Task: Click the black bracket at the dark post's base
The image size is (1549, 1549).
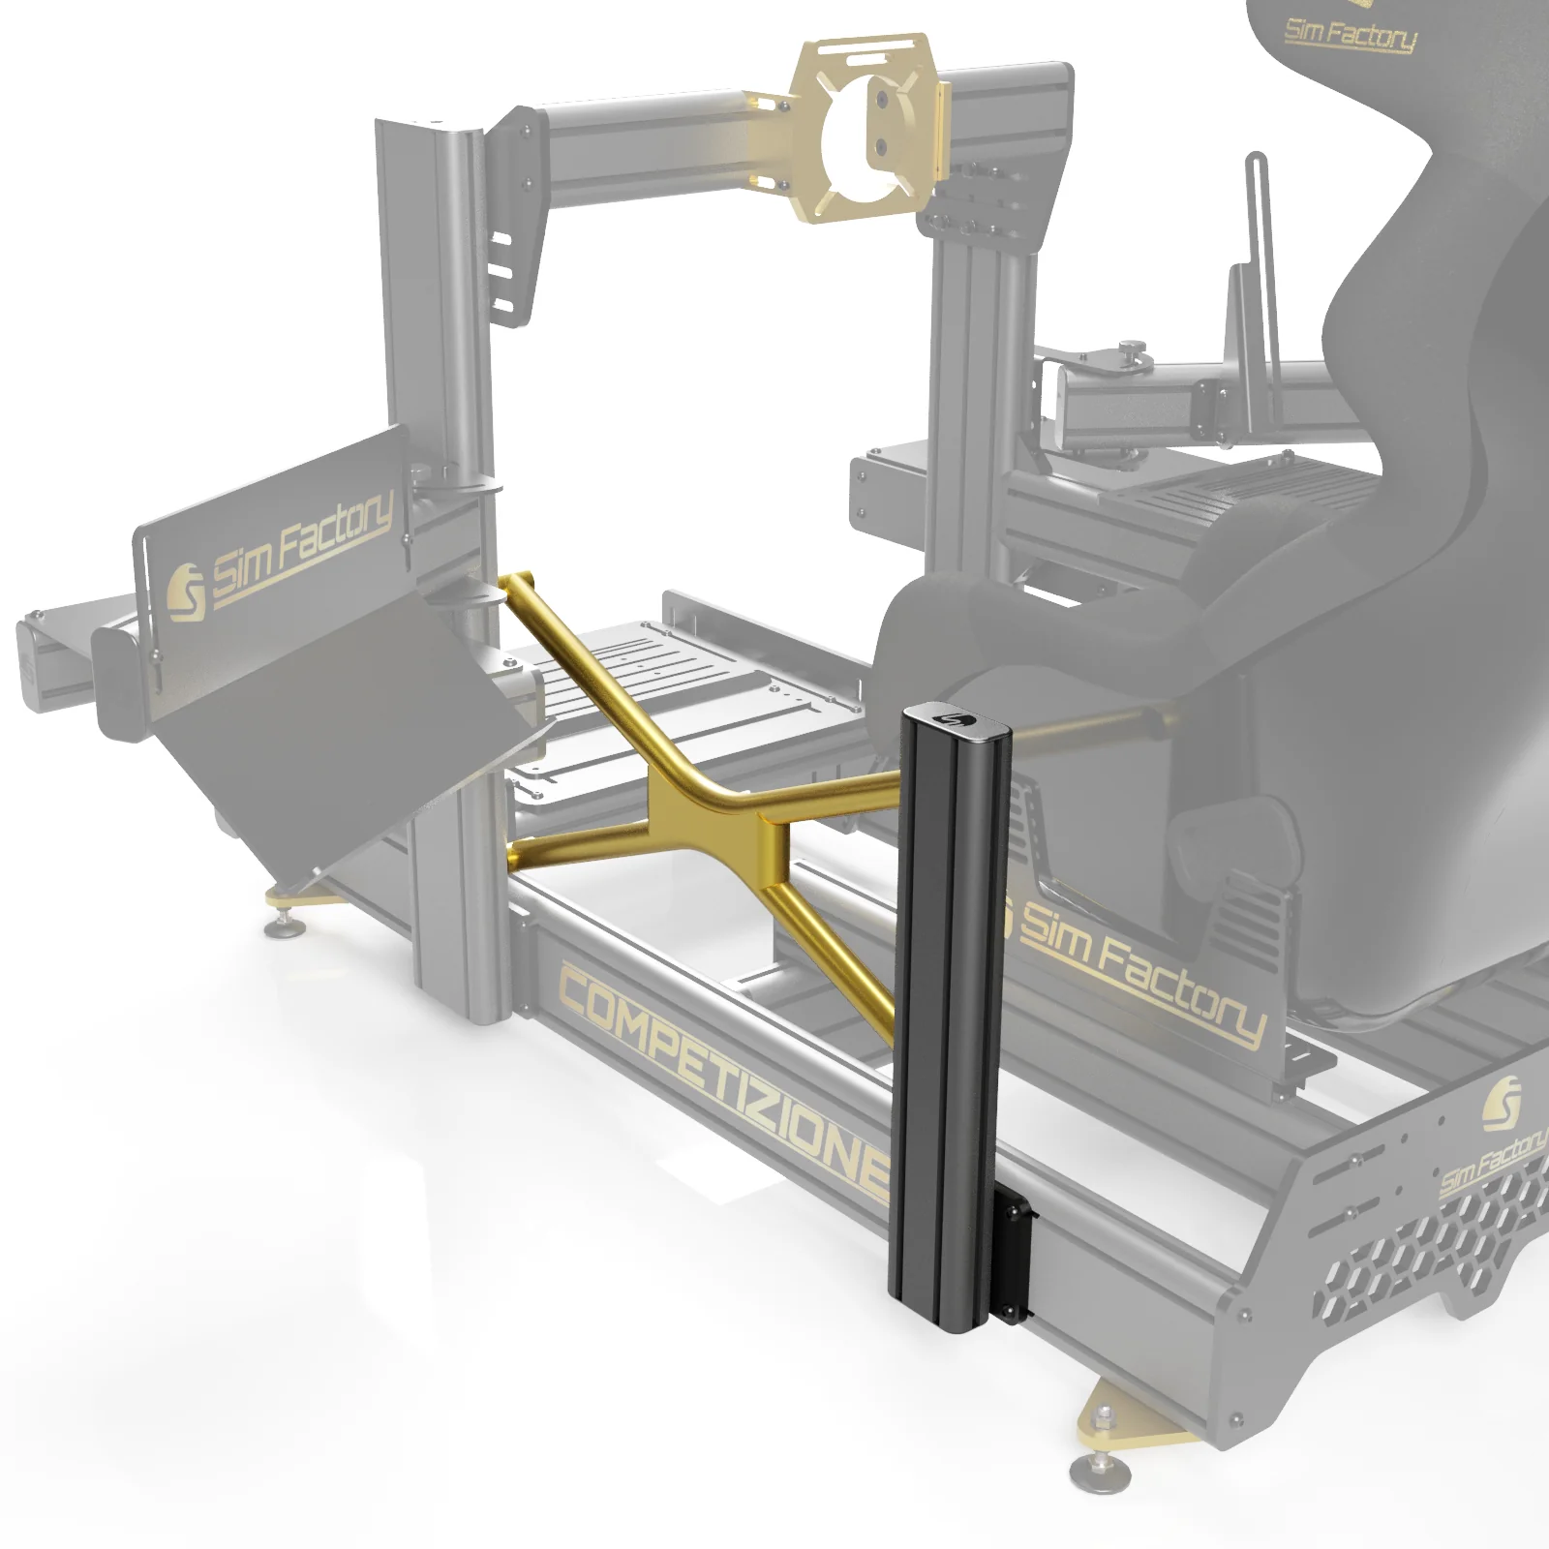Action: click(x=1013, y=1257)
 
